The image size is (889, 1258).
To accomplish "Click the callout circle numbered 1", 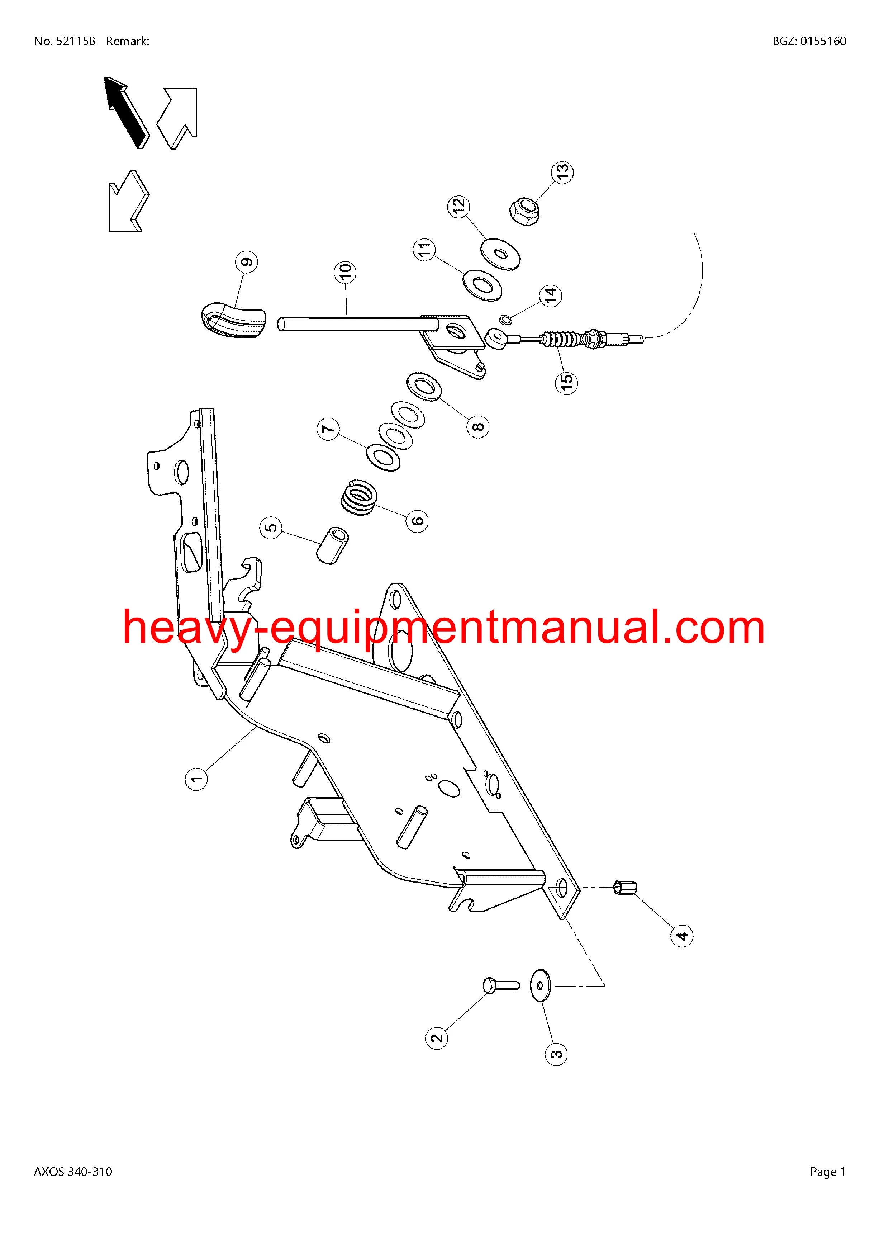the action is click(197, 778).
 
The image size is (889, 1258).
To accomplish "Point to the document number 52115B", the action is click(76, 41).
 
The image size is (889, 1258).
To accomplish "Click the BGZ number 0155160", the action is click(823, 41).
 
